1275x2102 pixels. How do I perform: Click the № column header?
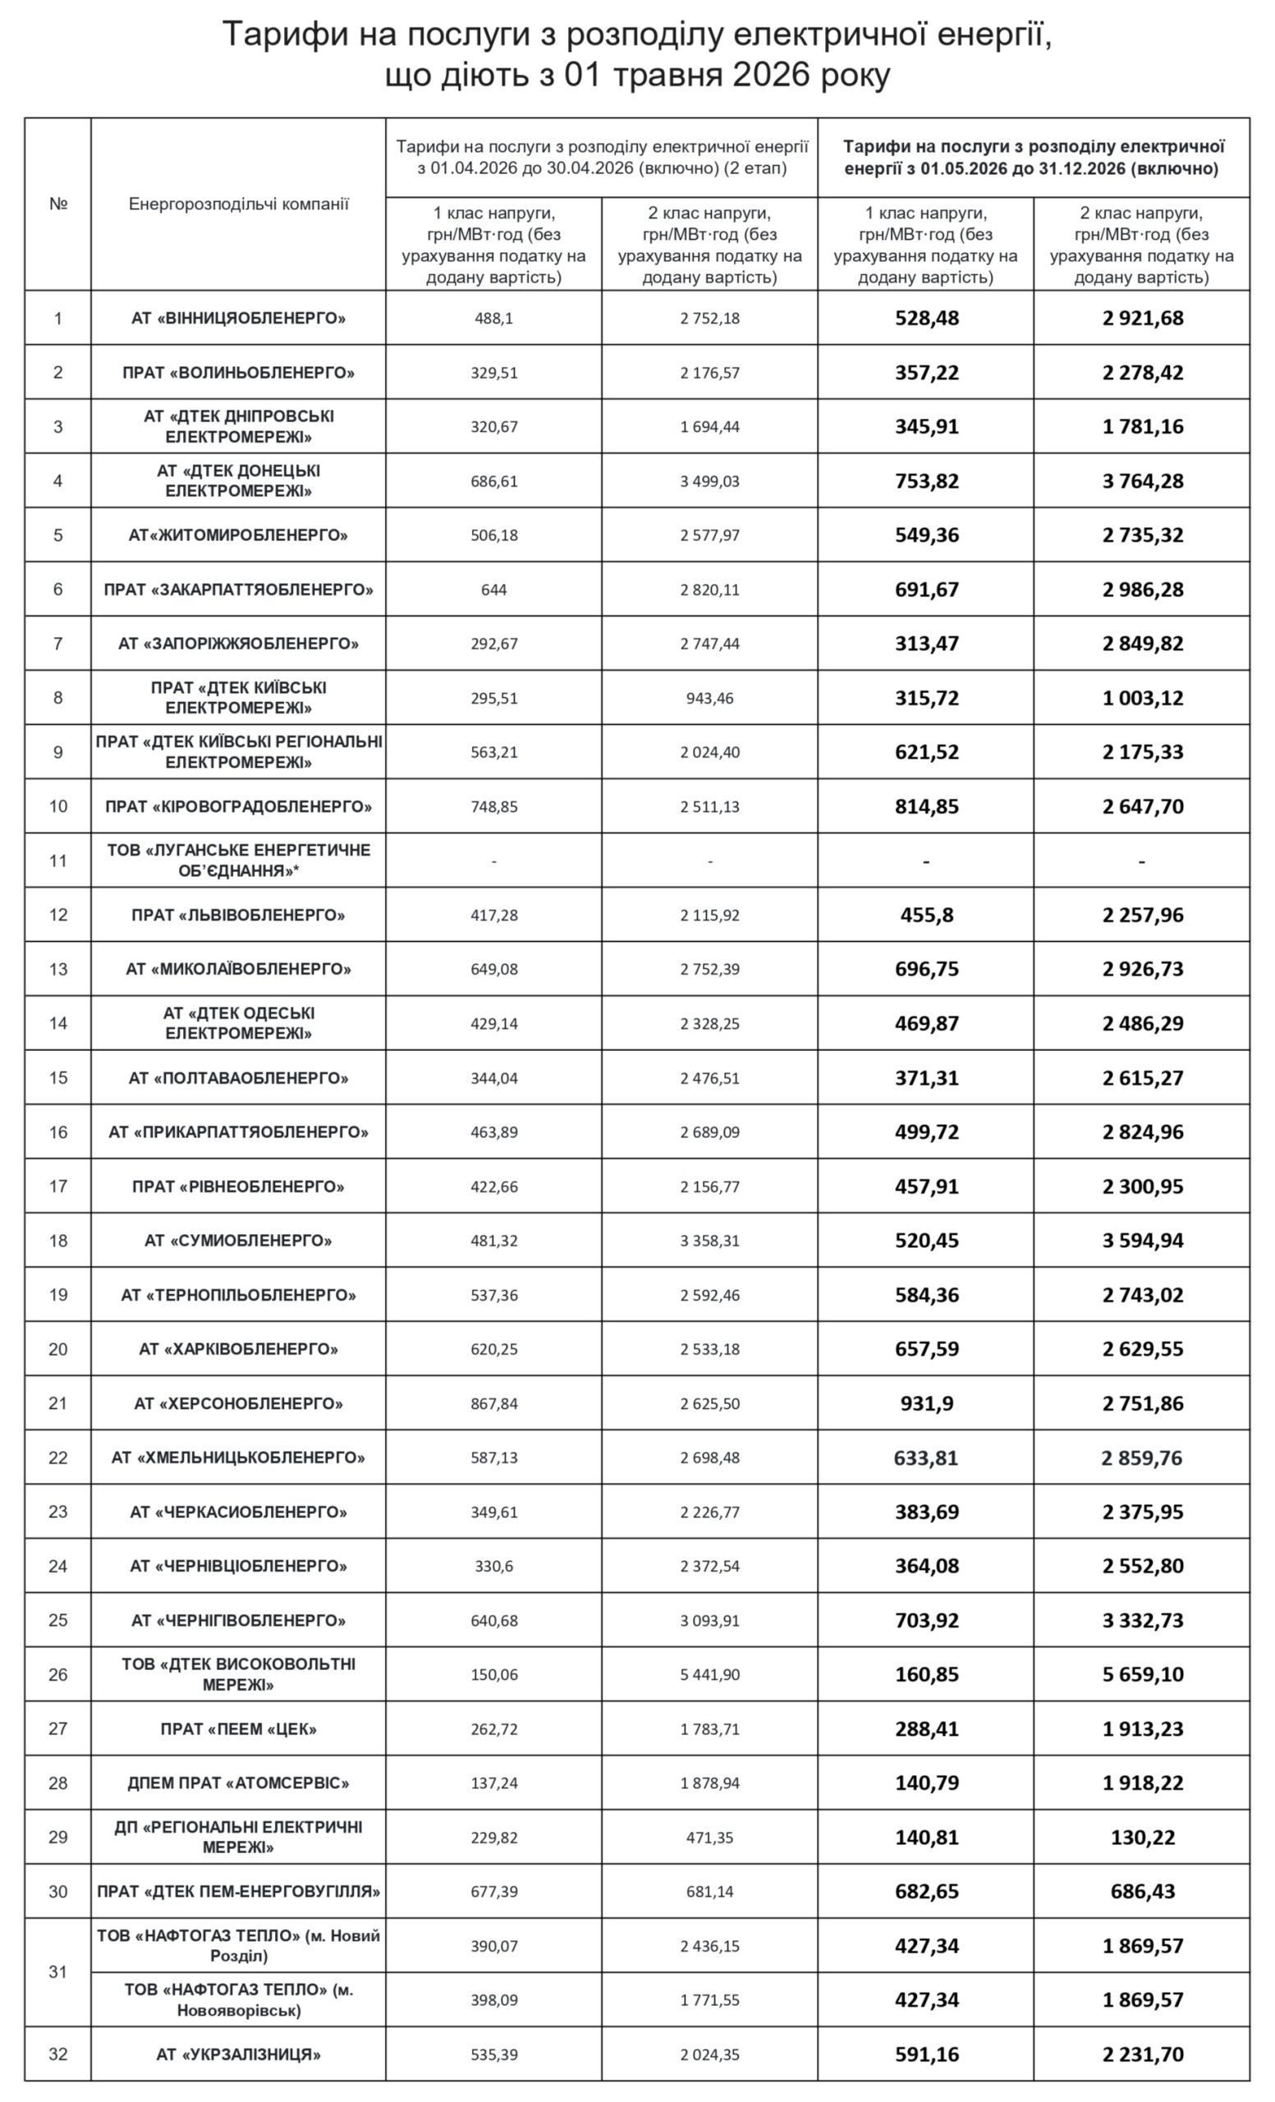click(58, 204)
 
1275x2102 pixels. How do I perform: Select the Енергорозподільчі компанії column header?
click(239, 204)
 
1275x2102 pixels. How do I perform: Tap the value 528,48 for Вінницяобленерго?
click(926, 319)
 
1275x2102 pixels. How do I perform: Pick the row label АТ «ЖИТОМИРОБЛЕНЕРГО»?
click(239, 535)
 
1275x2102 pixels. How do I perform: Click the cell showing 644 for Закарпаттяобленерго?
click(493, 590)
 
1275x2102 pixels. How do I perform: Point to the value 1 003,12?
click(1142, 698)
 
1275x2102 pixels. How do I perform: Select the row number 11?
click(58, 861)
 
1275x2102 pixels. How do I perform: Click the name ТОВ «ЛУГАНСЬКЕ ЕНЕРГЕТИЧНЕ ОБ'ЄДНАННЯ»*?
click(239, 861)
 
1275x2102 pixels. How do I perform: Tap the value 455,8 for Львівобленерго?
click(926, 916)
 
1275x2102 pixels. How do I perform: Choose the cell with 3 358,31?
click(709, 1241)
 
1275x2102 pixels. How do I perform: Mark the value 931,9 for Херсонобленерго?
click(926, 1403)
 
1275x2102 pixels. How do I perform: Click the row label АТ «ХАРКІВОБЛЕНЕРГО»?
click(239, 1349)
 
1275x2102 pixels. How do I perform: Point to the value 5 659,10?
click(1142, 1674)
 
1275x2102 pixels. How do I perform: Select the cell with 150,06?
click(493, 1674)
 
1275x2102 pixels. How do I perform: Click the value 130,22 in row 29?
click(1142, 1838)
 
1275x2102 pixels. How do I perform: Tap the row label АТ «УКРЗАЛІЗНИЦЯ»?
click(239, 2054)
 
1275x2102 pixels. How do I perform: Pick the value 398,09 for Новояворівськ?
click(493, 2000)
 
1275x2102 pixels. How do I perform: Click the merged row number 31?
click(58, 1972)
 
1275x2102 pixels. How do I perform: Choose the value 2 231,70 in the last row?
click(1142, 2054)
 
